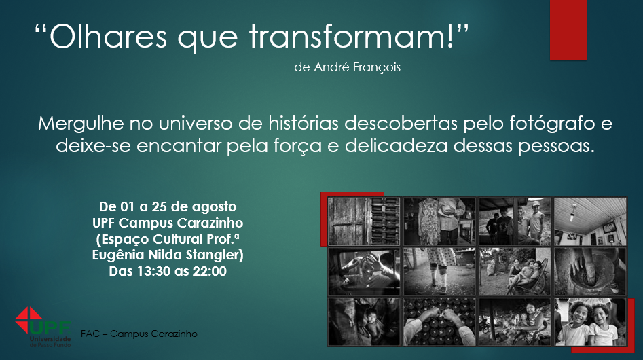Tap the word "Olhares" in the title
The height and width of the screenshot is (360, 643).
[x=108, y=36]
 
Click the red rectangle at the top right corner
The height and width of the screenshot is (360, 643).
[x=568, y=29]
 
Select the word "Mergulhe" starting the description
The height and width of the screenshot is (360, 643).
[x=81, y=124]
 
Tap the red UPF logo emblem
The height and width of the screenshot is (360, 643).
[x=29, y=320]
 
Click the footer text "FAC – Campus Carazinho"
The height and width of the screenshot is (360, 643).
[x=139, y=334]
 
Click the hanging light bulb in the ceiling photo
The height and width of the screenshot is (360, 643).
[x=573, y=213]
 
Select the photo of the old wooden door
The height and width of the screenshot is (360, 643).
[x=364, y=221]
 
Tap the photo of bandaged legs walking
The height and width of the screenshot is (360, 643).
[x=439, y=271]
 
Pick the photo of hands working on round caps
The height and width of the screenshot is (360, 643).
[x=439, y=321]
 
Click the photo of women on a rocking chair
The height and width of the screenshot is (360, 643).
[x=515, y=271]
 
